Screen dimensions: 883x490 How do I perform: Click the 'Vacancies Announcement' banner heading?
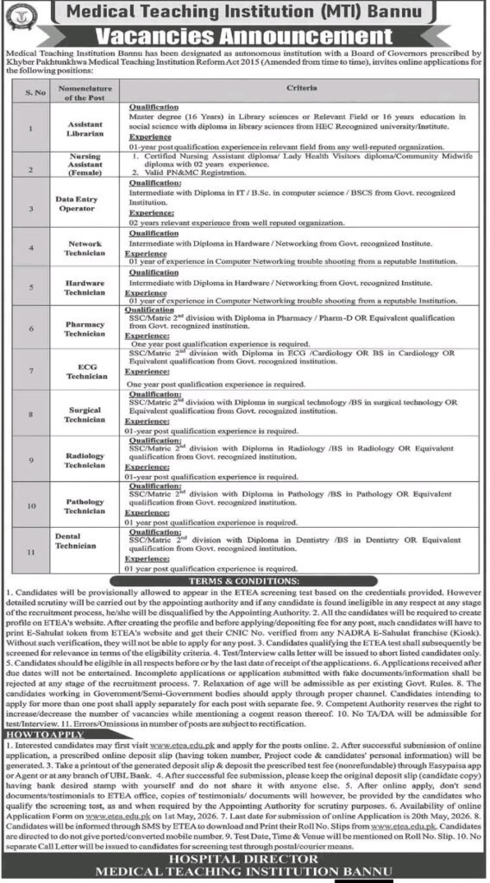click(244, 36)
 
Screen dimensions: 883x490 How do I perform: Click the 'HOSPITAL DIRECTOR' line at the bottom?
click(244, 859)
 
